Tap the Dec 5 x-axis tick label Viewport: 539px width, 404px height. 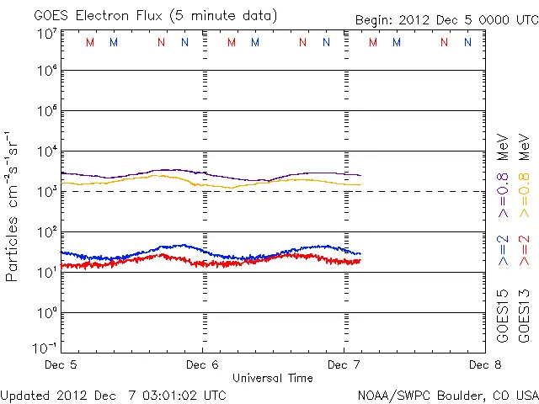point(61,365)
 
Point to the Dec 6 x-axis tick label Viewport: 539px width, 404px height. point(202,365)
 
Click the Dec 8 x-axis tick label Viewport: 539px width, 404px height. point(485,365)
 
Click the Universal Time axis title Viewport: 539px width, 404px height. point(273,378)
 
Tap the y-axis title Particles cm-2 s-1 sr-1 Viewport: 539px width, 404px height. point(13,205)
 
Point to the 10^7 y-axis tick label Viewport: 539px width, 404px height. point(46,35)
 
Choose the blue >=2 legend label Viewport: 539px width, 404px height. point(503,251)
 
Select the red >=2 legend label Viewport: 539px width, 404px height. point(524,251)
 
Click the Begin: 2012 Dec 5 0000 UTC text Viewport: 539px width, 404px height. point(446,19)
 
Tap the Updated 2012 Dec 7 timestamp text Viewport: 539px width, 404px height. point(113,395)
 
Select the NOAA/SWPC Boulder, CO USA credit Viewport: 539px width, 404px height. point(447,395)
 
